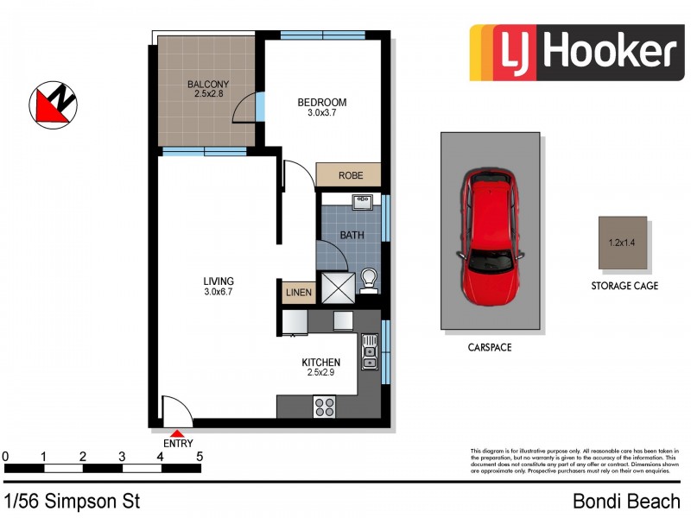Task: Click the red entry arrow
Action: click(x=177, y=434)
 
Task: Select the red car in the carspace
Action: click(x=491, y=238)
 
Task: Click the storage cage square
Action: click(x=623, y=242)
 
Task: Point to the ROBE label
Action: click(x=350, y=175)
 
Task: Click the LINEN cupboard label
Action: click(x=298, y=293)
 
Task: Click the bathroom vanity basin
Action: click(x=362, y=203)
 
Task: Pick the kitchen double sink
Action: click(x=370, y=352)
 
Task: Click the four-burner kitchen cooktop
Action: click(x=326, y=405)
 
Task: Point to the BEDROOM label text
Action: click(x=321, y=101)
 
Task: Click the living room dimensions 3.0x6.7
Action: click(x=219, y=293)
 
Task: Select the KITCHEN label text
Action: click(x=320, y=362)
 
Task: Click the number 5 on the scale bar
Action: click(x=200, y=456)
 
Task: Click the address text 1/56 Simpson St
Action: click(x=72, y=502)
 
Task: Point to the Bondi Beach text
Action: click(x=627, y=502)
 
